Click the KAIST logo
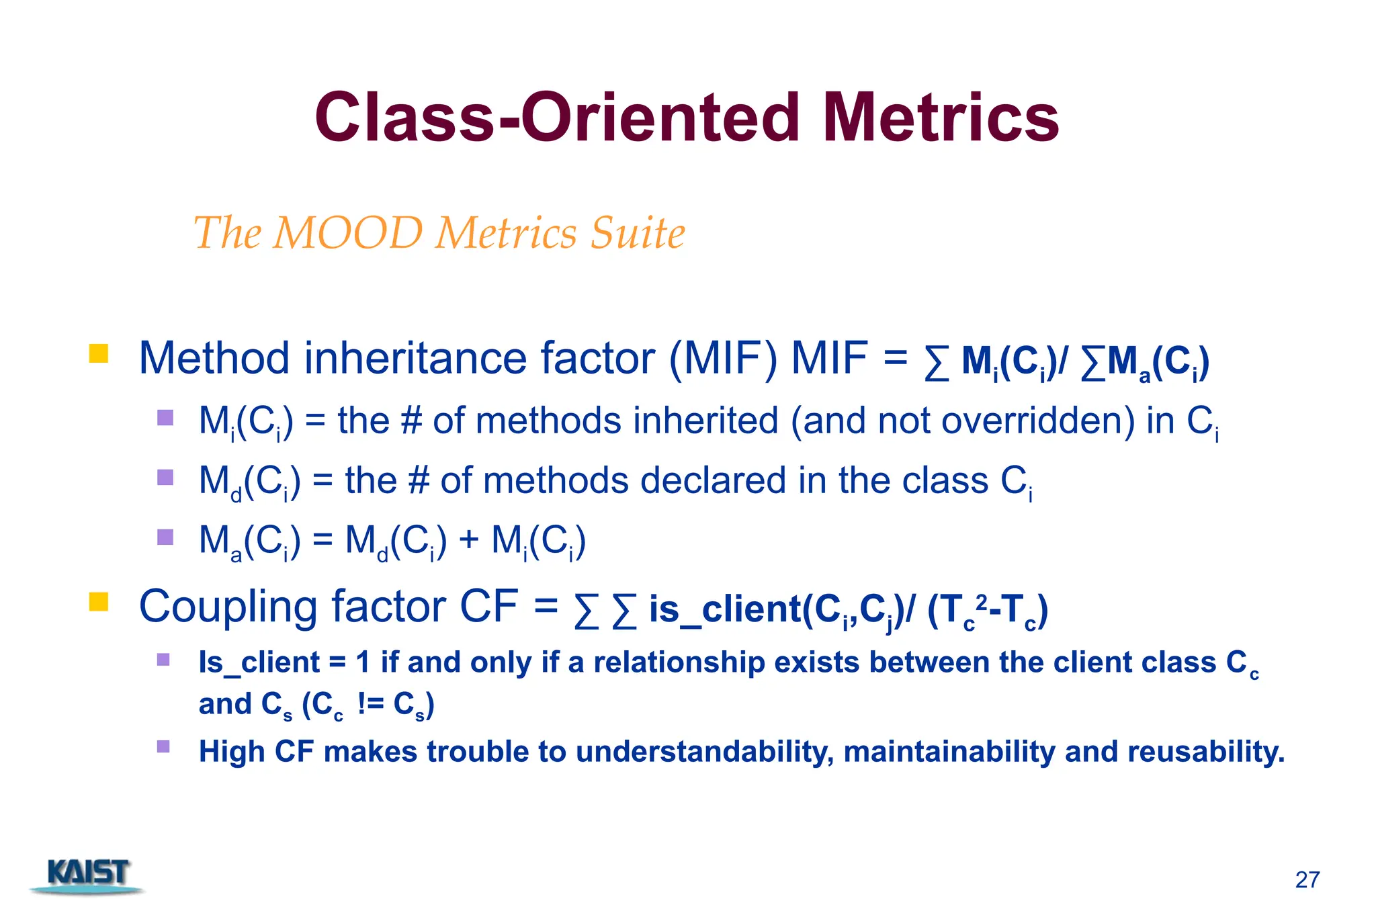(x=87, y=875)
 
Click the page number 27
(x=1307, y=879)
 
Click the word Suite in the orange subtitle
(x=638, y=233)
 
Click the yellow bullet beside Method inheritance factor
(x=99, y=353)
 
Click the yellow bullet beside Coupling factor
(x=99, y=601)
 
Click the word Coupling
(x=228, y=607)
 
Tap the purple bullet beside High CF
(x=163, y=746)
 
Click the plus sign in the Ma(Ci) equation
(x=469, y=541)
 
